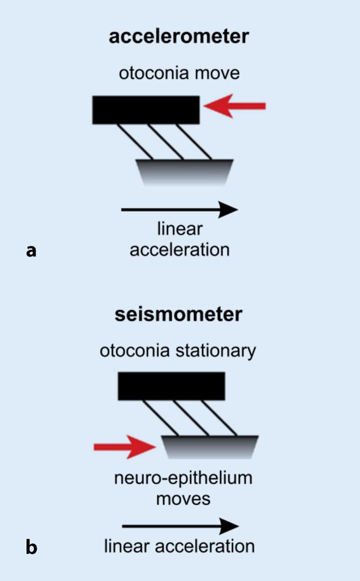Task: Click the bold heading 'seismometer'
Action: pos(178,314)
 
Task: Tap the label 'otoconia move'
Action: pos(179,74)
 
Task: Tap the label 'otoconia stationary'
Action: pos(178,351)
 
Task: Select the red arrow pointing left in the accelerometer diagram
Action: pos(235,106)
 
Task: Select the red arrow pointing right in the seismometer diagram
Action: pos(124,447)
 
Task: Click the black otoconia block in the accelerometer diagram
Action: pos(146,109)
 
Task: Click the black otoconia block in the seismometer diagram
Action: pos(172,386)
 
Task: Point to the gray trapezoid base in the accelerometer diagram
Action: pos(185,171)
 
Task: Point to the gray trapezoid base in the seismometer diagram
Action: pos(210,448)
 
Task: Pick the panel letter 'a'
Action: pos(31,250)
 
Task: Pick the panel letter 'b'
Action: pos(32,547)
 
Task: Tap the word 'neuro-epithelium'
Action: pos(183,479)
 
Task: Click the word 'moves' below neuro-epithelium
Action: pos(183,499)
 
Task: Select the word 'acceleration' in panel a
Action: pos(179,249)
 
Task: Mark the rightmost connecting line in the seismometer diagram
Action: pos(222,417)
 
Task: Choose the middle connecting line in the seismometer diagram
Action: pos(192,417)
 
